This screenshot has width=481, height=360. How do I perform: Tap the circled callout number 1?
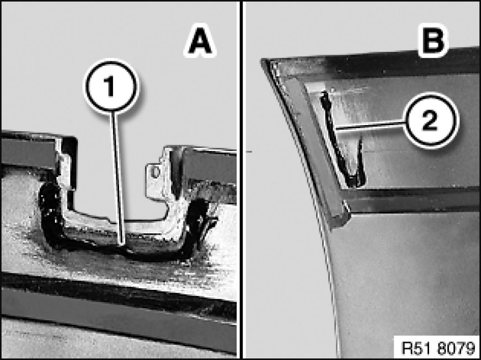(x=111, y=85)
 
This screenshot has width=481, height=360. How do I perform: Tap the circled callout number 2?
(x=431, y=120)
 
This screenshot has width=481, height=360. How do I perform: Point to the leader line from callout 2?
(x=371, y=126)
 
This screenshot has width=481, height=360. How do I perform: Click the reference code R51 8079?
(x=437, y=348)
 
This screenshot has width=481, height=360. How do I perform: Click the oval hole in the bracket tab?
(x=155, y=171)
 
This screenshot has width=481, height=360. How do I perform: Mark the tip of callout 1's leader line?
(x=122, y=245)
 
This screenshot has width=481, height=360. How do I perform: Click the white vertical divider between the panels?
(x=241, y=180)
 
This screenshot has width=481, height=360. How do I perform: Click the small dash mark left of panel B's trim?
(x=249, y=152)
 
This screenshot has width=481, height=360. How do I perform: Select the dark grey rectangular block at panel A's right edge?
(x=210, y=166)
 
